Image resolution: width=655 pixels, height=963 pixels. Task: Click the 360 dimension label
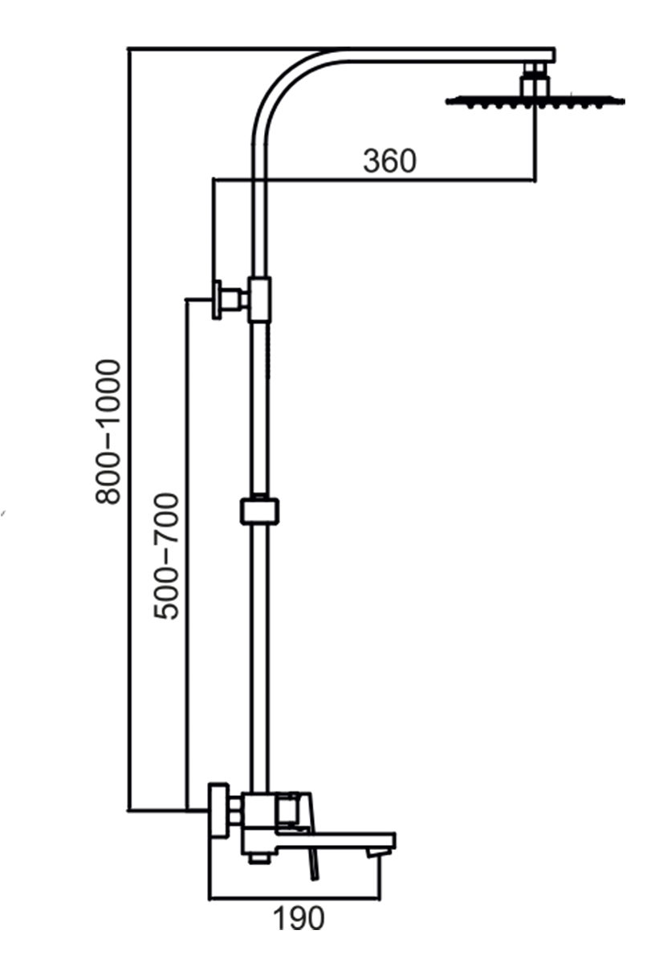coord(389,161)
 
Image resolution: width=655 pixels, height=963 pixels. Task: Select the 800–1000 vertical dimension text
coord(108,432)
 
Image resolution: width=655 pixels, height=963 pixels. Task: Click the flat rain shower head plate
coord(535,101)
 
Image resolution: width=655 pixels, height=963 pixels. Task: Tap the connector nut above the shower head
coord(535,79)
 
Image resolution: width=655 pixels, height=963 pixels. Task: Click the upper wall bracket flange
coord(218,299)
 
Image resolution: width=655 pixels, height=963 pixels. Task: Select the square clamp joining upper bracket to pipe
coord(259,299)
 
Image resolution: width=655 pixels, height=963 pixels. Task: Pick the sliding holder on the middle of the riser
coord(259,512)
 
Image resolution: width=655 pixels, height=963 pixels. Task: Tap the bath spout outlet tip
coord(374,851)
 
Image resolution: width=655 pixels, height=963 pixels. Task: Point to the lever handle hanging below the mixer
coord(315,866)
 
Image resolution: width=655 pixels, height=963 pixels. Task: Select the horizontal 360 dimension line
coord(375,180)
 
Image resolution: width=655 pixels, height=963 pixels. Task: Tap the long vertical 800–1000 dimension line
coord(129,429)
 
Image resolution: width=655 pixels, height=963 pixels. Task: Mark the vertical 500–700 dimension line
coord(188,555)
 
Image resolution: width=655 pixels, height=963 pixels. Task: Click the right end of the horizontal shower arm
coord(555,55)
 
